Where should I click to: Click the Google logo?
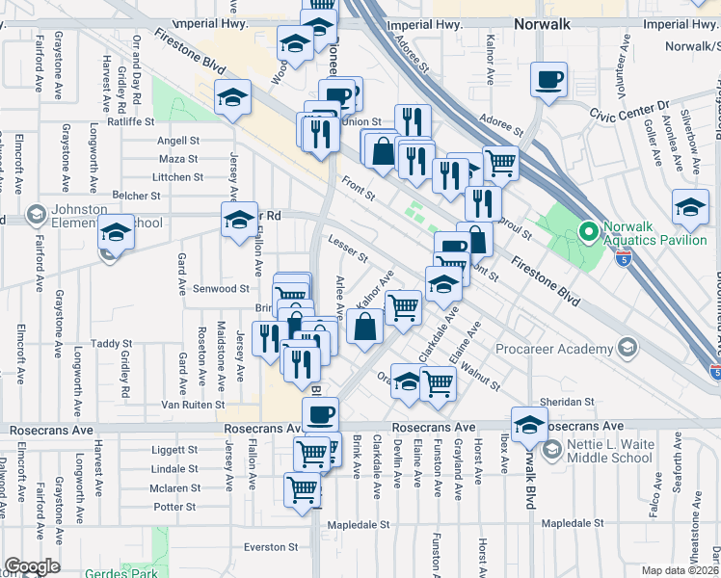[x=32, y=566]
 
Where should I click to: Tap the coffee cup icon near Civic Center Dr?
[x=548, y=81]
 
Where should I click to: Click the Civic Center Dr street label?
[x=628, y=109]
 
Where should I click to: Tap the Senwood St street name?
[x=223, y=289]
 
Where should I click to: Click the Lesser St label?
[x=348, y=250]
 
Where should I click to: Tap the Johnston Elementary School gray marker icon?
[x=37, y=213]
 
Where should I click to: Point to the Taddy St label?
[x=111, y=343]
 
